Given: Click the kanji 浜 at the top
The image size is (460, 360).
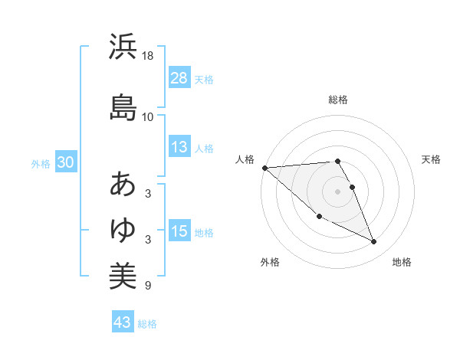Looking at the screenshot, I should click(123, 47).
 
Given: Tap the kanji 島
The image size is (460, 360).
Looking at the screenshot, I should click(123, 106).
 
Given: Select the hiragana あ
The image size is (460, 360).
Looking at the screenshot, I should click(123, 185).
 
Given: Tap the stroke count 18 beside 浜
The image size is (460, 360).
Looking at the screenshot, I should click(149, 57).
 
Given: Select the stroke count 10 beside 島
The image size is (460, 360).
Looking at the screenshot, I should click(149, 117).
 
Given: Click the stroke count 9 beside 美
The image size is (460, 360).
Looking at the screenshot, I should click(147, 286).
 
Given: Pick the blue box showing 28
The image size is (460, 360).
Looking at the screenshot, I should click(179, 78).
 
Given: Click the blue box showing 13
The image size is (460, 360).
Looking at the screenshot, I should click(179, 148).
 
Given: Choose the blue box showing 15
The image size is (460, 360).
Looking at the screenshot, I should click(179, 231).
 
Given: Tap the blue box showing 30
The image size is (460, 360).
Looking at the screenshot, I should click(65, 163).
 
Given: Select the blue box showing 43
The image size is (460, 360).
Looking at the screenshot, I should click(123, 322).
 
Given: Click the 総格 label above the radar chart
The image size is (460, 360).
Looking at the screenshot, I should click(338, 100).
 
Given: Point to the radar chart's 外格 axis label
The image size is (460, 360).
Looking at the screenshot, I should click(270, 263).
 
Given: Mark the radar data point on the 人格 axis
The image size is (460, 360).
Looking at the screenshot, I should click(264, 168).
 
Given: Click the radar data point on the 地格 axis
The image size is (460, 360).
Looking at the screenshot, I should click(374, 242).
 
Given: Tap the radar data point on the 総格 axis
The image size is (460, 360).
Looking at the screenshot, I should click(337, 162).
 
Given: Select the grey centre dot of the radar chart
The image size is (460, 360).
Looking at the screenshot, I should click(337, 191).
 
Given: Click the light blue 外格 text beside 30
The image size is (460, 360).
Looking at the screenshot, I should click(41, 164).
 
